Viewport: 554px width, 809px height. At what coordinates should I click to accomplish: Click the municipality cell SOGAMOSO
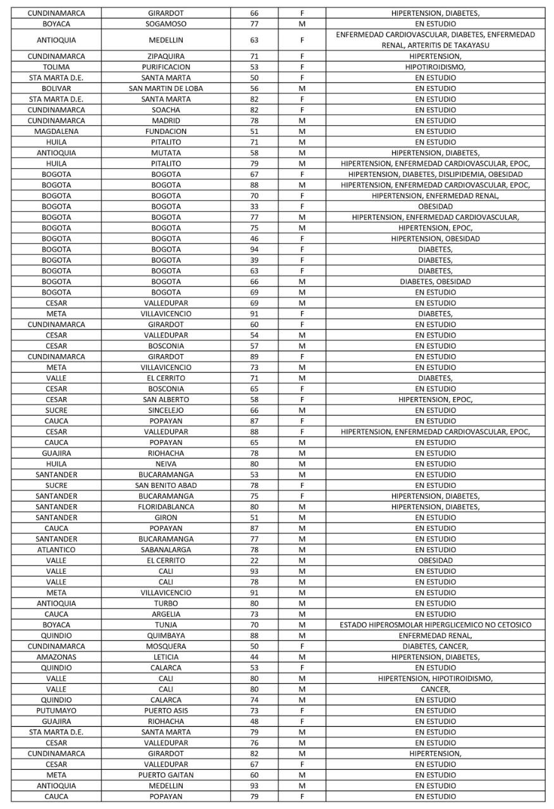tap(166, 23)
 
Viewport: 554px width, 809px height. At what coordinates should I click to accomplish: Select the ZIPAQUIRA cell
tap(166, 56)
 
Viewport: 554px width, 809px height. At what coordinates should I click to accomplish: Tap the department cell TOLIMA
tap(56, 67)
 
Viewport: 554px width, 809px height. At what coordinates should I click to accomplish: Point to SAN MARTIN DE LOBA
tap(166, 88)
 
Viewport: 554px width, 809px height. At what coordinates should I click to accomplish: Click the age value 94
tap(255, 250)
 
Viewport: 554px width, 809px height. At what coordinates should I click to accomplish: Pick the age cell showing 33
tap(255, 207)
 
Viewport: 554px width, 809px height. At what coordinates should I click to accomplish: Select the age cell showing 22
tap(255, 561)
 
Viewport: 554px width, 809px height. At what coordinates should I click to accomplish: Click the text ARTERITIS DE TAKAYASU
tap(435, 46)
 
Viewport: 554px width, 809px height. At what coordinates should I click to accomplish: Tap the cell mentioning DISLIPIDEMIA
tap(435, 174)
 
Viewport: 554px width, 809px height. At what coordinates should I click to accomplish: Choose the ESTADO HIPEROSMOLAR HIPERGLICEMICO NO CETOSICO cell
tap(435, 625)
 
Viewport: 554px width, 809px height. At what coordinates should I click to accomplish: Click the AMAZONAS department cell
tap(56, 657)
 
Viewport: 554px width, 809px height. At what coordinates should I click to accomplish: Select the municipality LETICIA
tap(166, 657)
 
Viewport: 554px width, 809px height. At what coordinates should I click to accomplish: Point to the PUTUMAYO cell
tap(56, 711)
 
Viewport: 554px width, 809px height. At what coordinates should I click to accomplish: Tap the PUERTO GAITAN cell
tap(166, 776)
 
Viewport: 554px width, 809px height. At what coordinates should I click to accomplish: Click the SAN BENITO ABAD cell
tap(166, 485)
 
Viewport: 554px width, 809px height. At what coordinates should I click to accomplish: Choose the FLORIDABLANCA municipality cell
tap(166, 507)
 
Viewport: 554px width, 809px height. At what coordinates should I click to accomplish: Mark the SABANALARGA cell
tap(166, 550)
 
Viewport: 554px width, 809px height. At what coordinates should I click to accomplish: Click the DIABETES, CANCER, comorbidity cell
tap(435, 647)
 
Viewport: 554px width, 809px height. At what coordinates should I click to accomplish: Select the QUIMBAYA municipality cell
tap(166, 636)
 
